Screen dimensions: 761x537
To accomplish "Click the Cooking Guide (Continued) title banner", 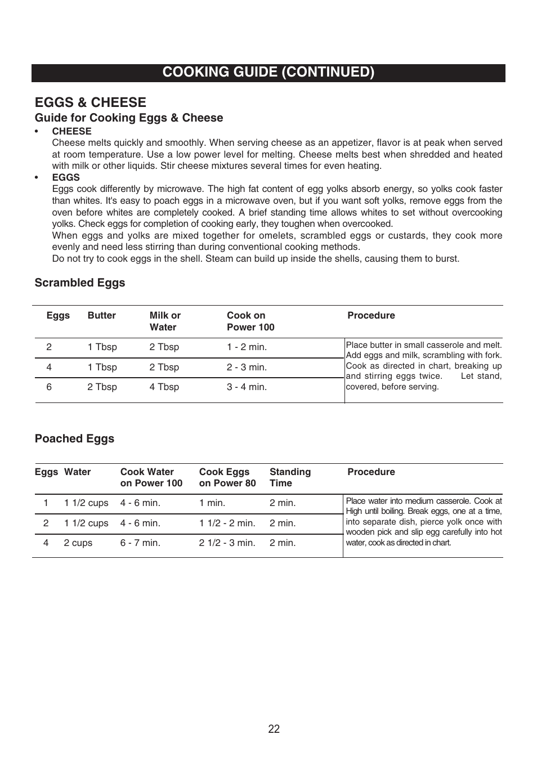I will pyautogui.click(x=268, y=72).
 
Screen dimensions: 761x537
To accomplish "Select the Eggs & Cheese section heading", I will pyautogui.click(x=90, y=102).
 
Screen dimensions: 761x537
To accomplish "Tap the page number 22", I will pyautogui.click(x=274, y=729).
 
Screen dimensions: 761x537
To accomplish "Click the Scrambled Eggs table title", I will pyautogui.click(x=80, y=283).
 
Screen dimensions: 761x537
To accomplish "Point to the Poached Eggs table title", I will pyautogui.click(x=74, y=438).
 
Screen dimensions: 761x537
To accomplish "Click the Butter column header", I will pyautogui.click(x=101, y=315).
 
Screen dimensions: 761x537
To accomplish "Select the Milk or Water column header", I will pyautogui.click(x=165, y=321).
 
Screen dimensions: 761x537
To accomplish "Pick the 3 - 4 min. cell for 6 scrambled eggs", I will pyautogui.click(x=247, y=387).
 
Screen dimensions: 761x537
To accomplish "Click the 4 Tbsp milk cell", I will pyautogui.click(x=164, y=387).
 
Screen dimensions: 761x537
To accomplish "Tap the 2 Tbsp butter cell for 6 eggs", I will pyautogui.click(x=102, y=387).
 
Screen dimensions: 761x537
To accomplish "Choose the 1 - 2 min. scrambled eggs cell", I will pyautogui.click(x=247, y=347).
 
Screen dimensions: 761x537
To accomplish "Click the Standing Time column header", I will pyautogui.click(x=290, y=477).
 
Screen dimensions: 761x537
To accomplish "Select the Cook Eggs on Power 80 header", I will pyautogui.click(x=227, y=477).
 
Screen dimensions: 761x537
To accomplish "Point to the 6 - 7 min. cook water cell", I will pyautogui.click(x=140, y=543).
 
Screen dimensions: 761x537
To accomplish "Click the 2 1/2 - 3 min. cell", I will pyautogui.click(x=227, y=543).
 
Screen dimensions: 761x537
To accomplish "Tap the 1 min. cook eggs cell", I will pyautogui.click(x=212, y=503).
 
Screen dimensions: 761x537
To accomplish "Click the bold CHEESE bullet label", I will pyautogui.click(x=71, y=131).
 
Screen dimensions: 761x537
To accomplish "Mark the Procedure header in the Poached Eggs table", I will pyautogui.click(x=371, y=472).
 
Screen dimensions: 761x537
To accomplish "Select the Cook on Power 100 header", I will pyautogui.click(x=250, y=321).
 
